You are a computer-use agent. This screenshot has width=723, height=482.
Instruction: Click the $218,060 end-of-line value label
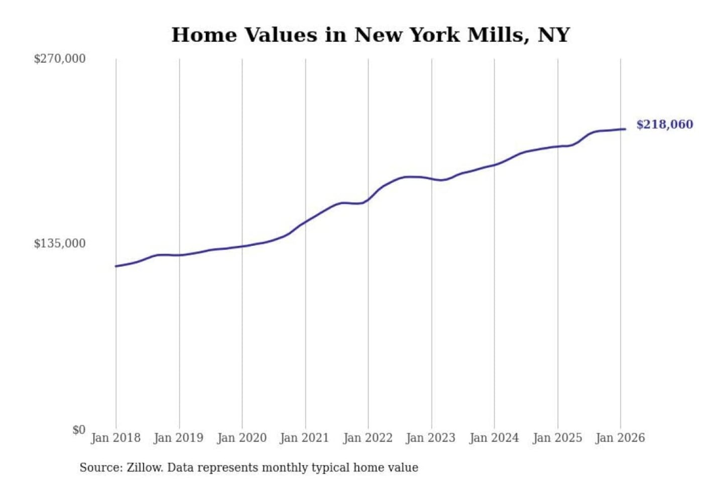click(x=664, y=125)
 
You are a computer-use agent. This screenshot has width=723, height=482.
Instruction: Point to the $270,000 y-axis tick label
click(x=60, y=59)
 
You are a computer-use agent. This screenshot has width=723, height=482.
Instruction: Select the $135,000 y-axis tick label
click(x=60, y=244)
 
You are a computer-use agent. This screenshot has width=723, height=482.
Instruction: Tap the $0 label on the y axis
click(x=79, y=430)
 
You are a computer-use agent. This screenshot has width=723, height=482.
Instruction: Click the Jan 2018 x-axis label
click(x=115, y=438)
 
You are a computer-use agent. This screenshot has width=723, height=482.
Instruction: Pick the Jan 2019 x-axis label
click(x=179, y=438)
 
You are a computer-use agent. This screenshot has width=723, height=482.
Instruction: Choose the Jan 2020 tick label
click(x=242, y=438)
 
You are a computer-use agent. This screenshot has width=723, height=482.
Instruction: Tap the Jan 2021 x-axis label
click(x=304, y=438)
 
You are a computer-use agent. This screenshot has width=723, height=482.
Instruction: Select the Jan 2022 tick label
click(x=368, y=438)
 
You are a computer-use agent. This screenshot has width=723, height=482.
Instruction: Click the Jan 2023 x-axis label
click(x=430, y=438)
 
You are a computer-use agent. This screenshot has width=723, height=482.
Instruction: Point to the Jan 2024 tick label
click(x=494, y=438)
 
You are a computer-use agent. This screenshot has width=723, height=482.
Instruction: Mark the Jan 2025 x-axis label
click(x=557, y=438)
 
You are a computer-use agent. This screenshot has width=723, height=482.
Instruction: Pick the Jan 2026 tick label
click(x=620, y=438)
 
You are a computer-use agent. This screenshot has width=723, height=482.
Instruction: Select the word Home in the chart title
click(x=204, y=35)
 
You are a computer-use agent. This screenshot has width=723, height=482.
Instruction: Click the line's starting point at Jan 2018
click(x=116, y=266)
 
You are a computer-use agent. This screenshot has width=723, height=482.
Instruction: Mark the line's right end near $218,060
click(x=625, y=129)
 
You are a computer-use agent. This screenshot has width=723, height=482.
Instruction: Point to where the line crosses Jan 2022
click(x=368, y=200)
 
